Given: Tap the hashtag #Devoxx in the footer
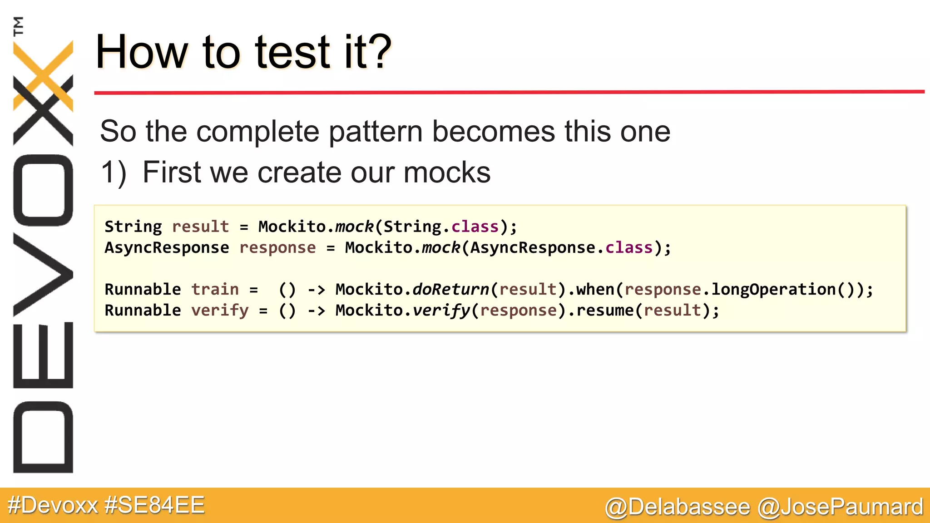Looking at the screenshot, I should point(53,505).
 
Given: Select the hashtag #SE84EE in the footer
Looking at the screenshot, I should point(154,505).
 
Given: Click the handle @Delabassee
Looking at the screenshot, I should point(677,507).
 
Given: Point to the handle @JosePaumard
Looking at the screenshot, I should point(841,507).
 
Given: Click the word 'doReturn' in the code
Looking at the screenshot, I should point(450,289).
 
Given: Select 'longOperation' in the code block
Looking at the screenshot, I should point(773,289).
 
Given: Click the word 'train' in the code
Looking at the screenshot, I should point(215,289).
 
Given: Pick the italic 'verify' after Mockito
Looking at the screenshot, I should point(441,311).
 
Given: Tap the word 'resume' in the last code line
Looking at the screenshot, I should point(604,311).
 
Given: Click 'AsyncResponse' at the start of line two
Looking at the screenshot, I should point(167,248).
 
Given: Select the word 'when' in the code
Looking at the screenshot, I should point(595,289).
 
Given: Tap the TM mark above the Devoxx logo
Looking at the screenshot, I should point(19,26).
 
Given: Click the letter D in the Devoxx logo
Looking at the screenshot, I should point(43,437).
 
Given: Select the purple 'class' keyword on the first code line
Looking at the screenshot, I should point(475,227).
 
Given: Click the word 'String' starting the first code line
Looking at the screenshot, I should point(133,227).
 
